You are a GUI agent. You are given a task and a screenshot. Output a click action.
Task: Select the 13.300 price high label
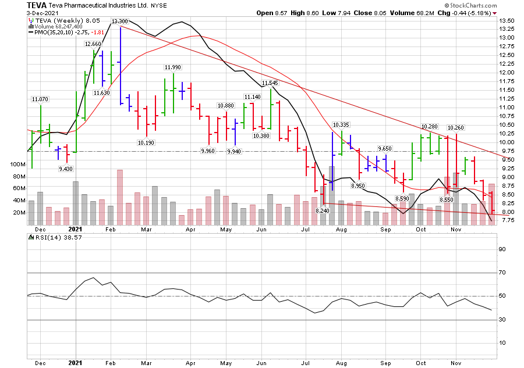click(120, 22)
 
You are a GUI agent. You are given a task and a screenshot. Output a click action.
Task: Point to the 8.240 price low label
click(323, 210)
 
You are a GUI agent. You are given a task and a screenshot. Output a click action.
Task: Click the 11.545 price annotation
click(270, 83)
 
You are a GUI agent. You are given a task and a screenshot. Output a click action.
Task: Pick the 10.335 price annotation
click(341, 125)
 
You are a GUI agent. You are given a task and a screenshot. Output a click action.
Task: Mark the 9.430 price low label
click(66, 169)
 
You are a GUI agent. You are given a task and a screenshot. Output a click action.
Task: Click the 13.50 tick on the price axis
click(507, 20)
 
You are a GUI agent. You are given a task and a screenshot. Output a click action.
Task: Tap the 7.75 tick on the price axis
click(507, 221)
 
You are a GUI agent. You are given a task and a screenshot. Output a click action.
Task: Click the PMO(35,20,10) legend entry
click(52, 33)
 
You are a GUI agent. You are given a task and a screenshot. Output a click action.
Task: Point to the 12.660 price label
click(93, 44)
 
